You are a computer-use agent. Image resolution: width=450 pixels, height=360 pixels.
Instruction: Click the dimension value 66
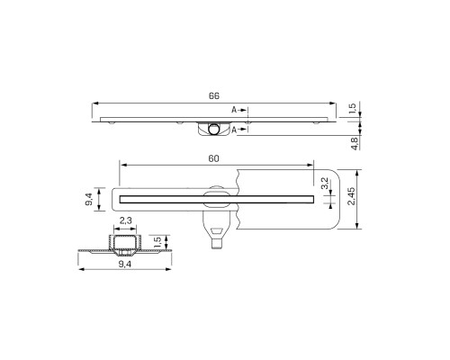[214, 95]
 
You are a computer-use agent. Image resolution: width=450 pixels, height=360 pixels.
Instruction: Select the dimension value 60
[213, 158]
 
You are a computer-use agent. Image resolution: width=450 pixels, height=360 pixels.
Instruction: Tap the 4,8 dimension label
[355, 143]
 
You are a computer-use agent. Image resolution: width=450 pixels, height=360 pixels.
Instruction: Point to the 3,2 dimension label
[325, 184]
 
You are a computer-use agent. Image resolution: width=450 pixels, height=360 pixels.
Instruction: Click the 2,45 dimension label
[351, 196]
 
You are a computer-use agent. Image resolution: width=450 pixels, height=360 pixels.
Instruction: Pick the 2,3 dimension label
[125, 220]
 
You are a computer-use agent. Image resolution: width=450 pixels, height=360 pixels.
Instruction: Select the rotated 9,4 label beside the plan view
[89, 199]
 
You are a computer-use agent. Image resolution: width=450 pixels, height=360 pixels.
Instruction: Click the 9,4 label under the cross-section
[125, 264]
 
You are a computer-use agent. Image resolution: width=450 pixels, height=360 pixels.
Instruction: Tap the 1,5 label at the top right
[353, 109]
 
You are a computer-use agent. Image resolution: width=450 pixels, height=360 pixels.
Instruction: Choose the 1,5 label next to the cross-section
[157, 242]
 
